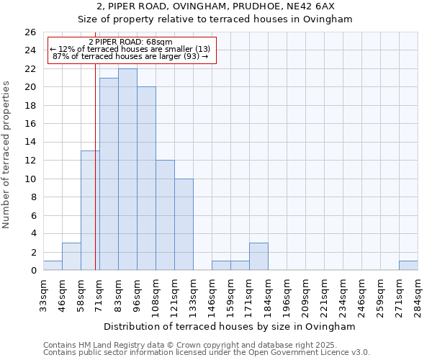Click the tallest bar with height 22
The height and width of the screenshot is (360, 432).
point(127,169)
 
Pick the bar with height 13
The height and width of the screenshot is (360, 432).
point(90,210)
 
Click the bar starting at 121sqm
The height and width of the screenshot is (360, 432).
point(184,224)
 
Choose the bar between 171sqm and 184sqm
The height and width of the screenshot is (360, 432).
point(258,256)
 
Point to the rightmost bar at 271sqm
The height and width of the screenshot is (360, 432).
point(408,265)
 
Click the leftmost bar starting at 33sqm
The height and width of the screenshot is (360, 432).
point(53,265)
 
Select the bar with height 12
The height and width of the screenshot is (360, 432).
point(165,215)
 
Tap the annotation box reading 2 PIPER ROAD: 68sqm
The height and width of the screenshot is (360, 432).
point(131,50)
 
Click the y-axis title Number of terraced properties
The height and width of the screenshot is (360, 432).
point(6,154)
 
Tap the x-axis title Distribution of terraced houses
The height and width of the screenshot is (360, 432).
point(230,326)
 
